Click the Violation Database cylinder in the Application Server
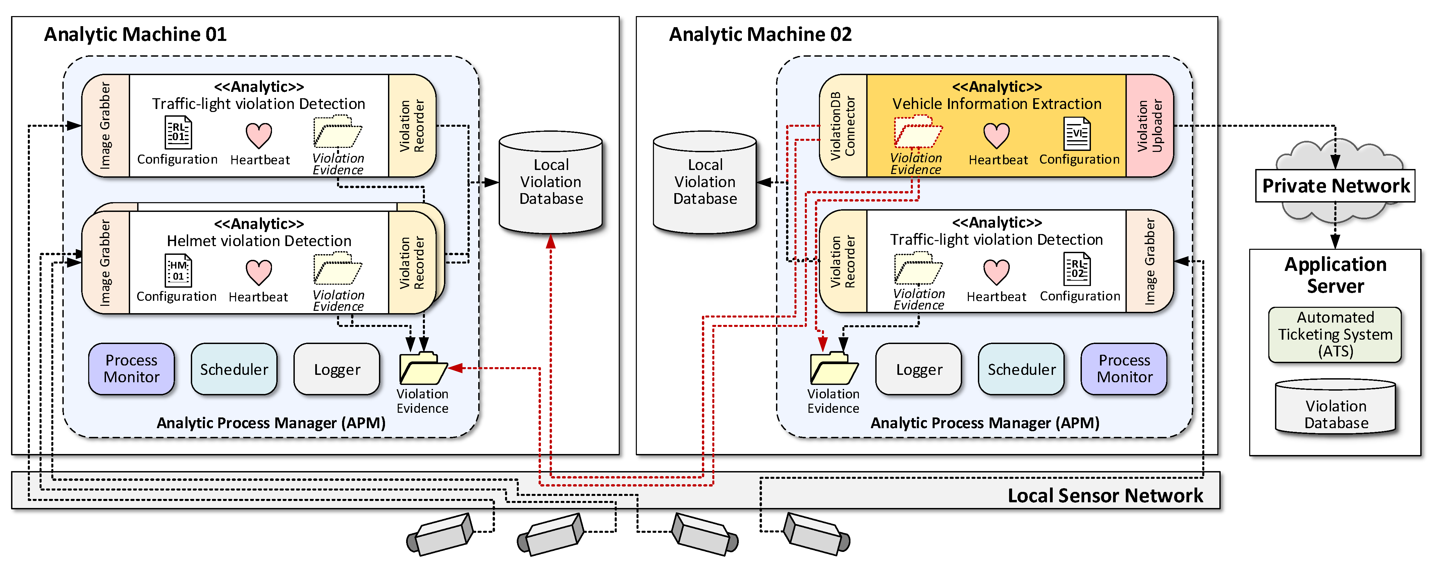[1335, 408]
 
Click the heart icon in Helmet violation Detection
[259, 272]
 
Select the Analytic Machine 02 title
[760, 35]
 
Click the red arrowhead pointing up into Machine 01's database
[551, 241]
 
